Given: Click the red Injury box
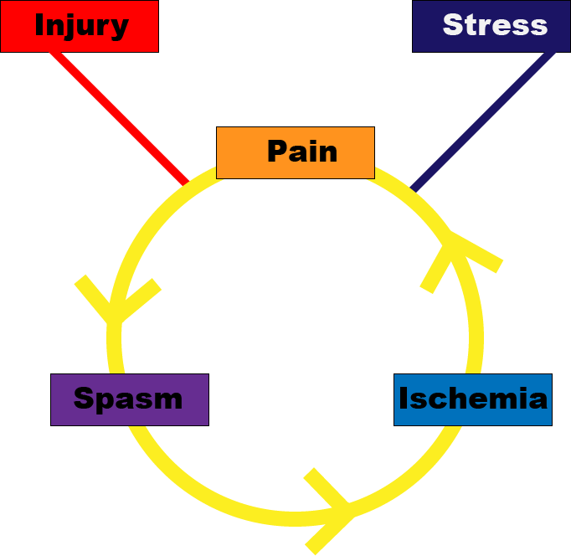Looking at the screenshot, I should pyautogui.click(x=80, y=26).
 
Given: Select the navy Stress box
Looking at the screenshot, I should pyautogui.click(x=491, y=26).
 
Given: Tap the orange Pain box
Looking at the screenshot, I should pyautogui.click(x=295, y=152).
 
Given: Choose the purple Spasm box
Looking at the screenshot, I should pyautogui.click(x=129, y=399).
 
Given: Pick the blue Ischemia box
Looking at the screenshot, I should pyautogui.click(x=472, y=399).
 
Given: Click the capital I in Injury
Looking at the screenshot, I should pyautogui.click(x=40, y=25).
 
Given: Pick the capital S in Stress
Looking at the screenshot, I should pyautogui.click(x=453, y=25).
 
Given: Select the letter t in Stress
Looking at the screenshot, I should pyautogui.click(x=471, y=26).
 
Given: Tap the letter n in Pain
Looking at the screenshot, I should pyautogui.click(x=327, y=153).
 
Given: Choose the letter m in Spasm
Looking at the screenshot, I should pyautogui.click(x=168, y=400).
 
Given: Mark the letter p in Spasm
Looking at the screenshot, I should pyautogui.click(x=105, y=402).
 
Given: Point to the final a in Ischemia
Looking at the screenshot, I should pyautogui.click(x=538, y=400).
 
